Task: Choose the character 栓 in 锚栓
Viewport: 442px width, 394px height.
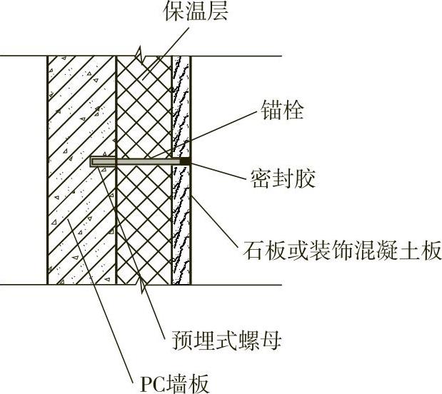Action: click(291, 112)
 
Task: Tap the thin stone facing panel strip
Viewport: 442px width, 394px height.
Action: click(181, 228)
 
